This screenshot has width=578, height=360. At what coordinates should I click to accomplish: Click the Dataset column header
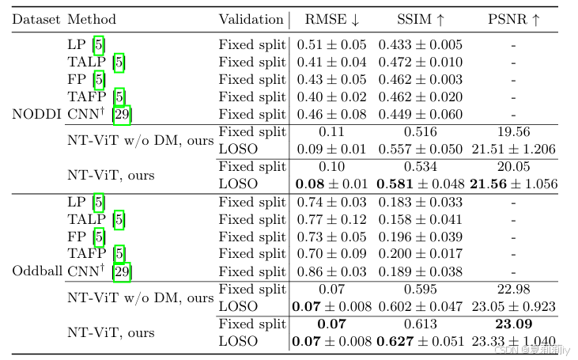point(36,19)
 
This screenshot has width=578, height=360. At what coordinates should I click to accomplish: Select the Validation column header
point(251,19)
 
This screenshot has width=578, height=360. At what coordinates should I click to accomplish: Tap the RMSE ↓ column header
point(331,19)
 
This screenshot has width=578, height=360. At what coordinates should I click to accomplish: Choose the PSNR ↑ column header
point(513,19)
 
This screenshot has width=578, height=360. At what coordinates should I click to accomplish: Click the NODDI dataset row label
point(36,113)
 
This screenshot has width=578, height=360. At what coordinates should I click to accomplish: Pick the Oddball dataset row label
point(37,271)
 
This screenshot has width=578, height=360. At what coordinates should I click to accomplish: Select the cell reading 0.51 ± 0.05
point(331,45)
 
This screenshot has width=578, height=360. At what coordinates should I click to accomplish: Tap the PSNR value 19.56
point(513,132)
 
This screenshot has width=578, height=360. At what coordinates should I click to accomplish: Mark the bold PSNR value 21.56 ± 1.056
point(513,184)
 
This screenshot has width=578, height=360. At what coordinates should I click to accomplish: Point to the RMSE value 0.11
point(331,132)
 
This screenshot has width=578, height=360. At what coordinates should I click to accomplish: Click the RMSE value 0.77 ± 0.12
point(331,219)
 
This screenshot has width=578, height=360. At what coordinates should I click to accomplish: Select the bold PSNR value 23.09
point(513,324)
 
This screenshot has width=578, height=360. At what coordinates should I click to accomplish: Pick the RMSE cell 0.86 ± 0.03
point(331,271)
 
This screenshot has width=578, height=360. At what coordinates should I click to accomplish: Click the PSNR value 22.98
point(513,289)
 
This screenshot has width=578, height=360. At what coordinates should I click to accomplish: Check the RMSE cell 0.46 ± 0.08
point(331,114)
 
